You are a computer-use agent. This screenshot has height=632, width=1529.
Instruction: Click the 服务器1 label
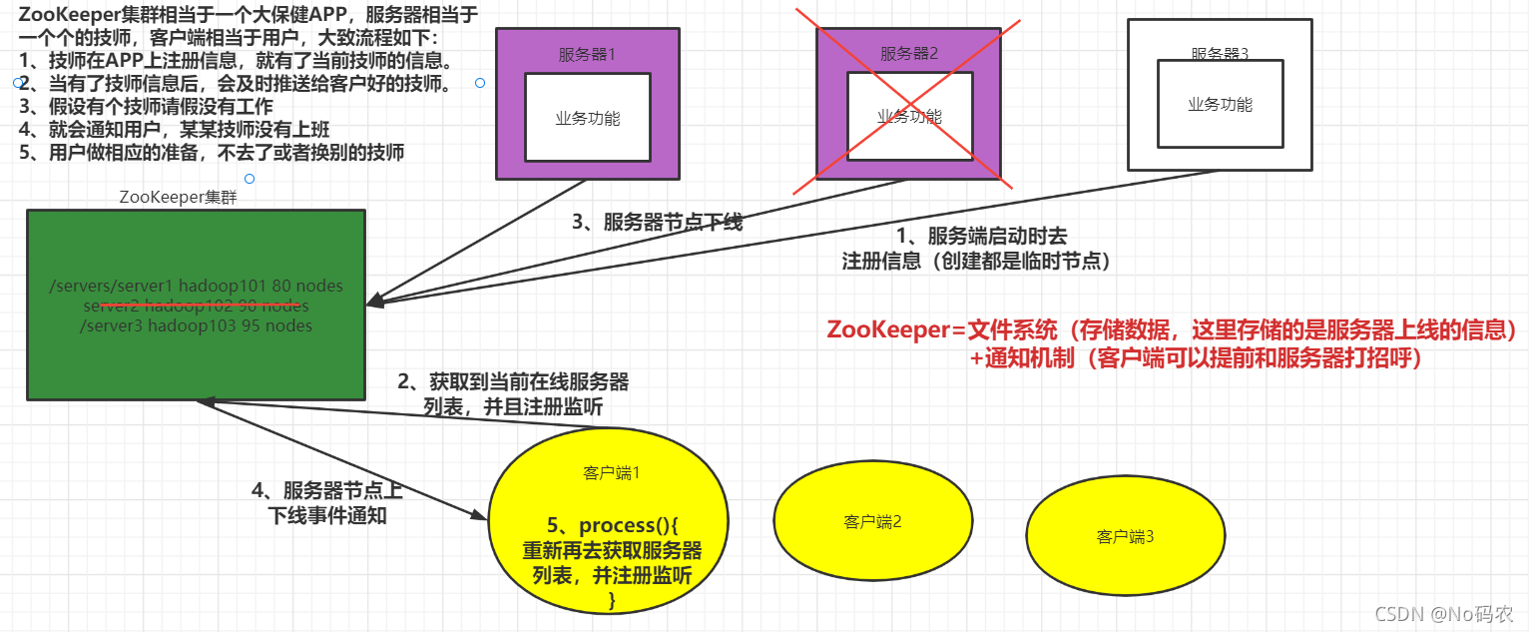pos(587,55)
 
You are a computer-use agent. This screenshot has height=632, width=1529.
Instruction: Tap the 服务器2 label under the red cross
pos(909,54)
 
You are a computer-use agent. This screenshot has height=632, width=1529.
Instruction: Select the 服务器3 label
pos(1220,53)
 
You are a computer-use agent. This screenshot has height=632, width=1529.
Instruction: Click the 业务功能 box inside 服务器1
pos(588,118)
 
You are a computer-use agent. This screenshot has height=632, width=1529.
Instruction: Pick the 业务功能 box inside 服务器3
pos(1220,104)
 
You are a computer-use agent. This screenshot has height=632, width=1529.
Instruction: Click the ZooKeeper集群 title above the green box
pos(178,197)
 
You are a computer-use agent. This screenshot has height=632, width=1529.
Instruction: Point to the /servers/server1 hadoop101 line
pos(197,287)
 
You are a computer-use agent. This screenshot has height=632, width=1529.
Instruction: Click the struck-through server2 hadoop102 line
pos(197,306)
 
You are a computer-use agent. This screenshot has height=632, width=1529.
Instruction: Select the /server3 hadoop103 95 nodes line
pos(197,325)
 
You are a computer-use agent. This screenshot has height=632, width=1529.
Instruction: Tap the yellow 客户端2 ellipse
pos(872,520)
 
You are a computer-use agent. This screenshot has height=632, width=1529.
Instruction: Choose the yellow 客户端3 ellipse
pos(1125,537)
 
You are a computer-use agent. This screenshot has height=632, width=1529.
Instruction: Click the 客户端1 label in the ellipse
pos(611,473)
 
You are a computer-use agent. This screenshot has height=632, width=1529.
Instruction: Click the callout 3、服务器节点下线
pos(657,222)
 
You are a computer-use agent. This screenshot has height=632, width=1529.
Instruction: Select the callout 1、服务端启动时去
pos(982,237)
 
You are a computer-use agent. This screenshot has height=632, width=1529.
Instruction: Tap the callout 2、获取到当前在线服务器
pos(513,382)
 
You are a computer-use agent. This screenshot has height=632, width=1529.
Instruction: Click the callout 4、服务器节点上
pos(327,491)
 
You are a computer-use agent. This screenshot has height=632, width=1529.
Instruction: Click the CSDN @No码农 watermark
pos(1444,614)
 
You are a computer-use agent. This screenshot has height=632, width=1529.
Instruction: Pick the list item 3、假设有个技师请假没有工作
pos(146,106)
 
